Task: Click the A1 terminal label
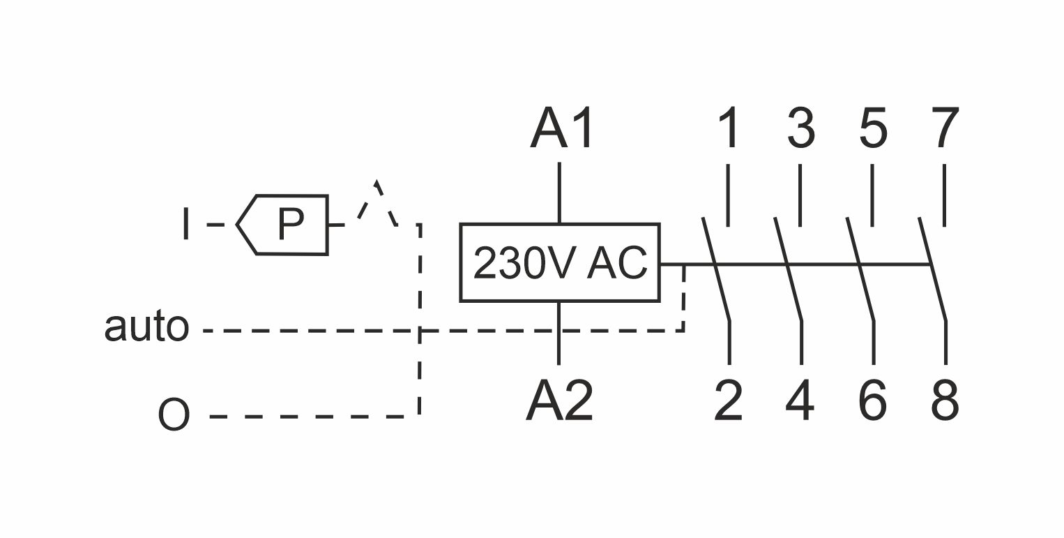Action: point(561,128)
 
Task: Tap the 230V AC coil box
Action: point(560,263)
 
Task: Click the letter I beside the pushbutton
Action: point(185,224)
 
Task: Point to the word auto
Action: point(146,327)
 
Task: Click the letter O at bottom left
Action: point(174,415)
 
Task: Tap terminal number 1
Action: point(729,128)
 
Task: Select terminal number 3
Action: point(800,128)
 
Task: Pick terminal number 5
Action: point(873,128)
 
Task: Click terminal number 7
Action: point(945,128)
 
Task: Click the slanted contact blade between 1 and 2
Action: point(716,269)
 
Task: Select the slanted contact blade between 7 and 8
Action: point(933,269)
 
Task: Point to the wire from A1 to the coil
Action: point(558,193)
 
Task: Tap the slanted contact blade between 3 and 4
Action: point(789,269)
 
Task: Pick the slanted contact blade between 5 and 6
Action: point(860,269)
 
